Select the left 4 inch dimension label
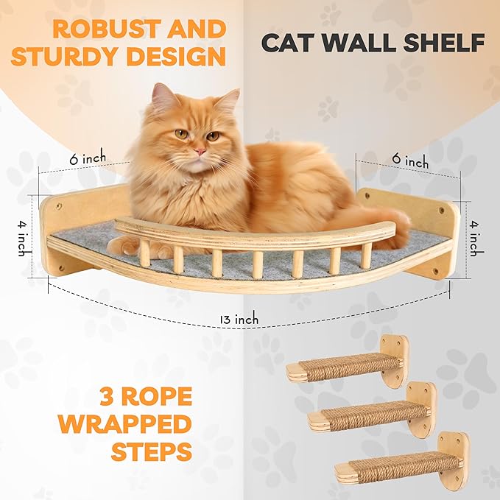(23, 236)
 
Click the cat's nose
(199, 150)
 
